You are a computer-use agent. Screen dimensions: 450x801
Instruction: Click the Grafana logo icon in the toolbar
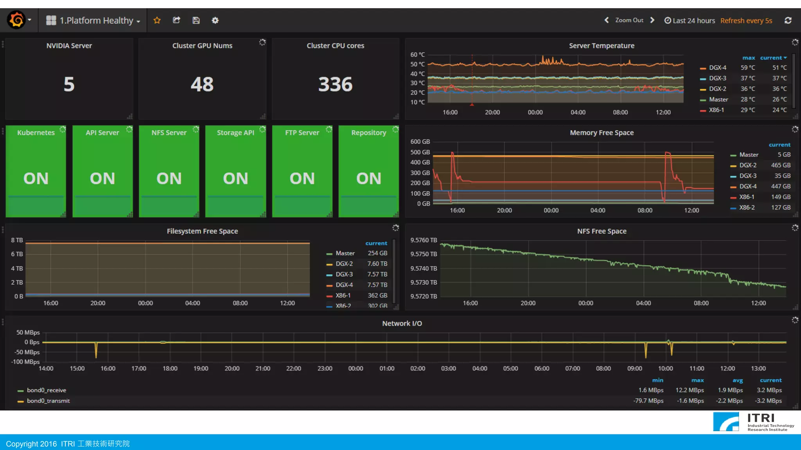17,20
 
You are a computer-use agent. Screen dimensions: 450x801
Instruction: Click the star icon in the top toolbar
157,20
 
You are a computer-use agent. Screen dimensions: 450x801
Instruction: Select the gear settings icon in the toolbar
215,20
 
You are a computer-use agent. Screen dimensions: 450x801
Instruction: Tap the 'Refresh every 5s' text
746,21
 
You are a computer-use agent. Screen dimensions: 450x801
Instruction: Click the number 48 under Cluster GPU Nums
202,84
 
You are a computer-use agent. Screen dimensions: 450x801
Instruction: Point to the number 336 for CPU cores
335,84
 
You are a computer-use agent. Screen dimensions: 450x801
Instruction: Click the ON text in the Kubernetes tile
36,179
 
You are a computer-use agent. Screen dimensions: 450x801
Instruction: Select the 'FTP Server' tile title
302,133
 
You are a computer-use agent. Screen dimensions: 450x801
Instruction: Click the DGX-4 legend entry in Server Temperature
717,68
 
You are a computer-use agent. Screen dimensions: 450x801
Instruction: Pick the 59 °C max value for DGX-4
747,68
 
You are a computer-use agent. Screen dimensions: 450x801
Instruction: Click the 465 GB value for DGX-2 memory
780,165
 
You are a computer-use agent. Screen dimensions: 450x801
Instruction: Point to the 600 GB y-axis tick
420,142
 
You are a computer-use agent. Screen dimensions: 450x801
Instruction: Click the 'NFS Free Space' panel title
602,231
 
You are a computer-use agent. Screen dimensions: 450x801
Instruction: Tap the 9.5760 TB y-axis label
423,240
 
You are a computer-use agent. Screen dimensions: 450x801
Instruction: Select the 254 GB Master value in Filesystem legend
377,253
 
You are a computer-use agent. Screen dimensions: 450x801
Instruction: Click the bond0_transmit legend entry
48,401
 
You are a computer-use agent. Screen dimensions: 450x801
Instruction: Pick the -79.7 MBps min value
648,401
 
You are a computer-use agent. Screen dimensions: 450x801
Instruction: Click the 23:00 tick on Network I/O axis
325,369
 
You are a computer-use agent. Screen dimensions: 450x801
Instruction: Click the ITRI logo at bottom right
753,422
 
